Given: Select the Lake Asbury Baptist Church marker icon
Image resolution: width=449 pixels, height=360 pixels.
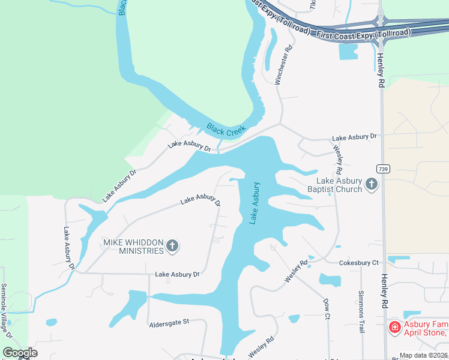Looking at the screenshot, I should click(372, 184).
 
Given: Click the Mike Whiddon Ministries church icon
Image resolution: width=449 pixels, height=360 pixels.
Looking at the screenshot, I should click(173, 245).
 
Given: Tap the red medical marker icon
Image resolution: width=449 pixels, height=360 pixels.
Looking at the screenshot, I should click(394, 327).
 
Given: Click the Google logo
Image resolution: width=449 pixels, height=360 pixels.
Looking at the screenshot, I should click(20, 352).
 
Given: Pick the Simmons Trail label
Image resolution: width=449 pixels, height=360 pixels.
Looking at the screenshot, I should click(361, 304).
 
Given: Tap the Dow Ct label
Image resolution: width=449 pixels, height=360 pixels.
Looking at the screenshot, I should click(327, 308).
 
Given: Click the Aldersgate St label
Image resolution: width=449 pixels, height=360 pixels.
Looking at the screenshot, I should click(169, 323).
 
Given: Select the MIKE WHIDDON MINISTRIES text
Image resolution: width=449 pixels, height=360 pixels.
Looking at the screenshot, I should click(133, 246).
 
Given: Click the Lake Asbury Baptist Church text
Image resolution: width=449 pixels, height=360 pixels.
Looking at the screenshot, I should click(340, 185).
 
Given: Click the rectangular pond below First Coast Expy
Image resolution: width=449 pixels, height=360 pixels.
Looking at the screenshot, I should click(348, 52).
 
